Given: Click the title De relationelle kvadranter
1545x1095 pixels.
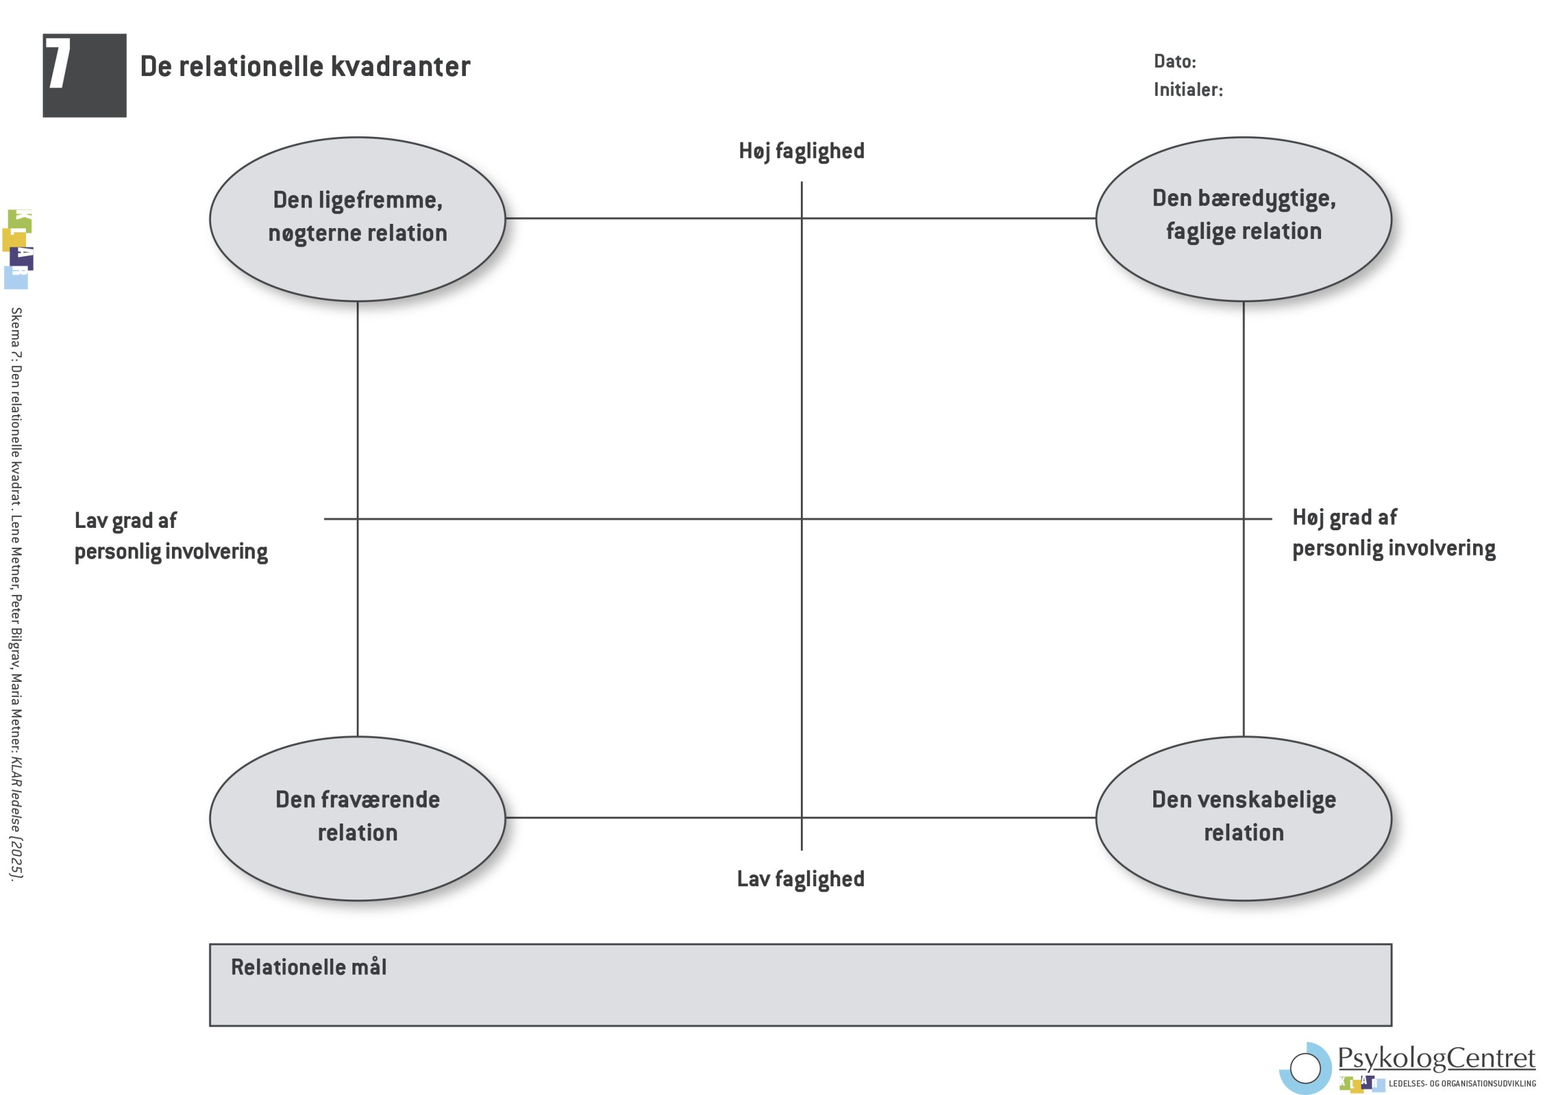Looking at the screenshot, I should click(x=305, y=67).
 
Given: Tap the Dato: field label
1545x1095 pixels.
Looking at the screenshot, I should click(x=1174, y=62).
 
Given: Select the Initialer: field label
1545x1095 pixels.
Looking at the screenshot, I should click(x=1188, y=90).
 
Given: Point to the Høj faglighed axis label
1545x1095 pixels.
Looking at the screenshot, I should click(x=801, y=151).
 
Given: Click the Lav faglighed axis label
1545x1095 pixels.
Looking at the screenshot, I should click(x=800, y=878).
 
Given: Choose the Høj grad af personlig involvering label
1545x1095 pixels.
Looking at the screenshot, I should click(x=1394, y=533).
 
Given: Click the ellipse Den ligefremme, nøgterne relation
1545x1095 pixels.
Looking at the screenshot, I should click(x=357, y=218).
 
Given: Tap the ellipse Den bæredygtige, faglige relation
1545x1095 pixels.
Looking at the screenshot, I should click(x=1244, y=218).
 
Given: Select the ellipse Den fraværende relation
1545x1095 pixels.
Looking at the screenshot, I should click(x=357, y=818).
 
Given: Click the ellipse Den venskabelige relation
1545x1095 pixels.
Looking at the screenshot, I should click(x=1244, y=818).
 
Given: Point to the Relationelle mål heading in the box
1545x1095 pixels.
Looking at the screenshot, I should click(x=309, y=967).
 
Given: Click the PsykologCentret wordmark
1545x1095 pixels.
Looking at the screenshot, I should click(x=1436, y=1058).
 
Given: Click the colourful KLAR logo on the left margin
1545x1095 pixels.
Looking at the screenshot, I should click(x=18, y=249).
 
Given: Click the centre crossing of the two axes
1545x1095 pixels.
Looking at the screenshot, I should click(x=801, y=518).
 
